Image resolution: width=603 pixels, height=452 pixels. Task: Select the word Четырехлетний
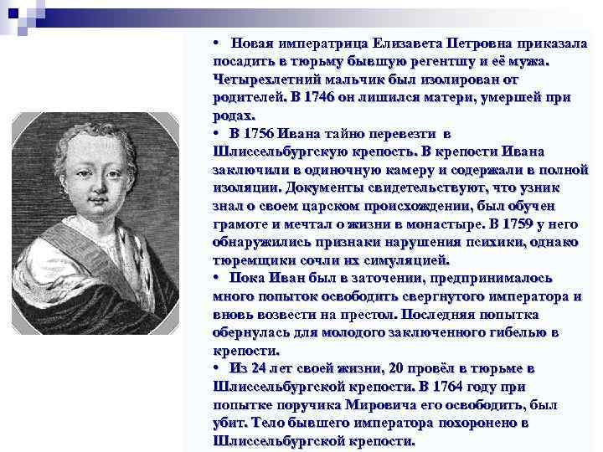click(267, 80)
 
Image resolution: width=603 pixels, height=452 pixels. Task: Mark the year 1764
click(451, 387)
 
